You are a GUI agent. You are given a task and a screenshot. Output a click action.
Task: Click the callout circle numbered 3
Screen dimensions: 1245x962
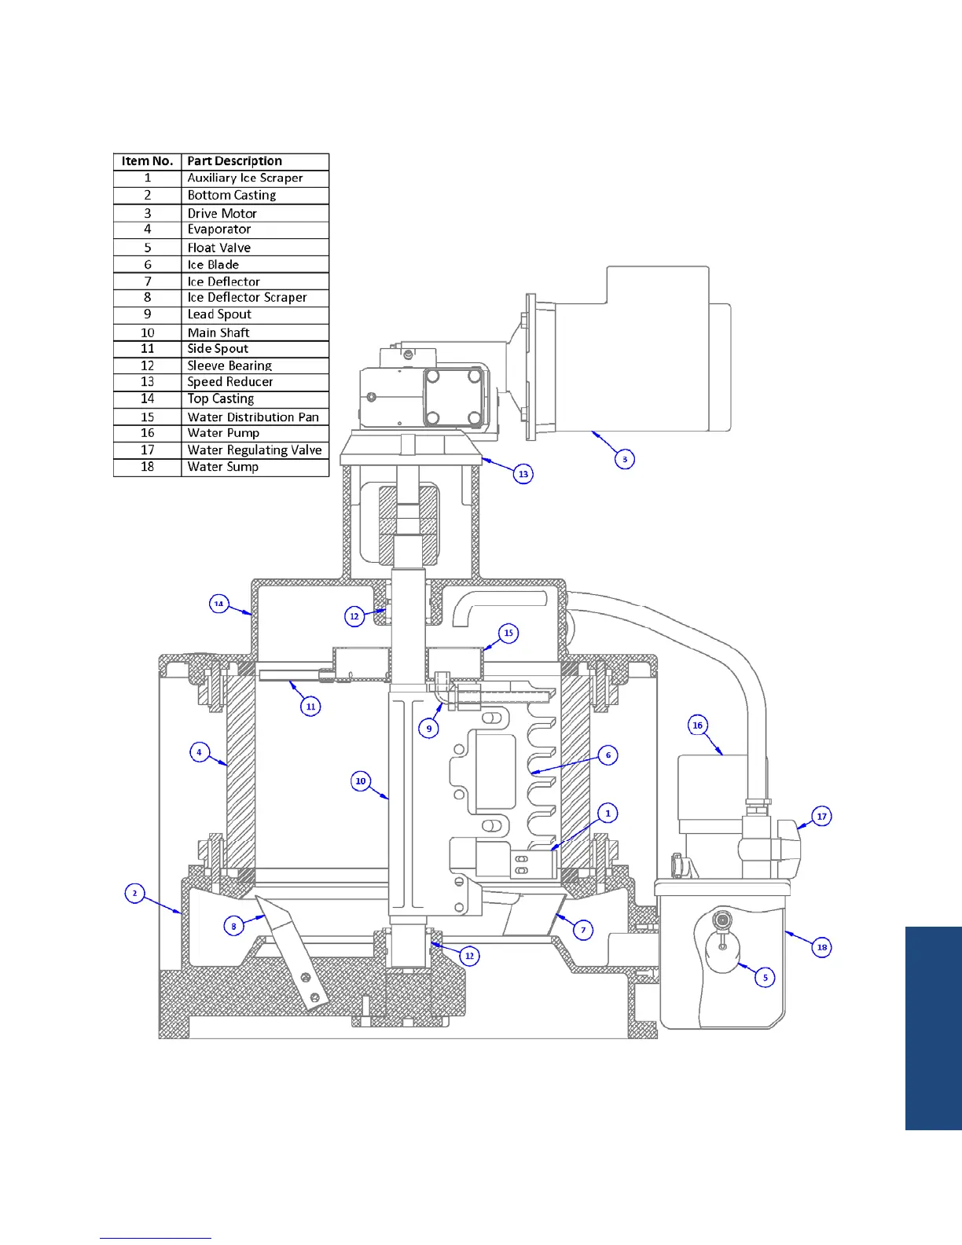[625, 459]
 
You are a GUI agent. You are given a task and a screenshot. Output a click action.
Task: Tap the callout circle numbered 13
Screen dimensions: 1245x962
[523, 474]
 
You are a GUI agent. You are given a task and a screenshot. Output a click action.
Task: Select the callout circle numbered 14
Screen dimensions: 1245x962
[219, 604]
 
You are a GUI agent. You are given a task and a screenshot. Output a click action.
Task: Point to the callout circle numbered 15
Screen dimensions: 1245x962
[509, 633]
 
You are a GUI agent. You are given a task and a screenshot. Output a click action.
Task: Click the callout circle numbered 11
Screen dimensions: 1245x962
[310, 707]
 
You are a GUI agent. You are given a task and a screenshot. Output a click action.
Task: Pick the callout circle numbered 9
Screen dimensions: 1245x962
[429, 729]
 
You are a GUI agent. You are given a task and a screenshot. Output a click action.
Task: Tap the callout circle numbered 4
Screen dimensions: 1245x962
[200, 752]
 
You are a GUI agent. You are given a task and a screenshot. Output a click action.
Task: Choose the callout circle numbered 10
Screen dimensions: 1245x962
[361, 780]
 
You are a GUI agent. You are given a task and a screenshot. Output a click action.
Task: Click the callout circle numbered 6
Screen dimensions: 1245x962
[608, 755]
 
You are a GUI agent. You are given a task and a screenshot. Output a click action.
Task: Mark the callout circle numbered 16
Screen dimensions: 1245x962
[698, 725]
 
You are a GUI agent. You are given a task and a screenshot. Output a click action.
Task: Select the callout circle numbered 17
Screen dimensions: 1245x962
[821, 817]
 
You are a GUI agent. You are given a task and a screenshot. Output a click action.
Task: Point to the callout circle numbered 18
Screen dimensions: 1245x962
[822, 947]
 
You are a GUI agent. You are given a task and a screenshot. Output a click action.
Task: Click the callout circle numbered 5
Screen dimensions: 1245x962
[766, 978]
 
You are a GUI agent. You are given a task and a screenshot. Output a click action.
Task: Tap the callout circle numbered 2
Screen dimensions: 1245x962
[135, 894]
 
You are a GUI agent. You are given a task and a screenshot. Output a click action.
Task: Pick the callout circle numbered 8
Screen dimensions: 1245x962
[233, 926]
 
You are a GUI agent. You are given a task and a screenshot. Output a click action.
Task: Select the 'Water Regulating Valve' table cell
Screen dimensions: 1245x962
[255, 450]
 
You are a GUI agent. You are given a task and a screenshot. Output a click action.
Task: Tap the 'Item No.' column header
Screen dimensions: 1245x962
[147, 161]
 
